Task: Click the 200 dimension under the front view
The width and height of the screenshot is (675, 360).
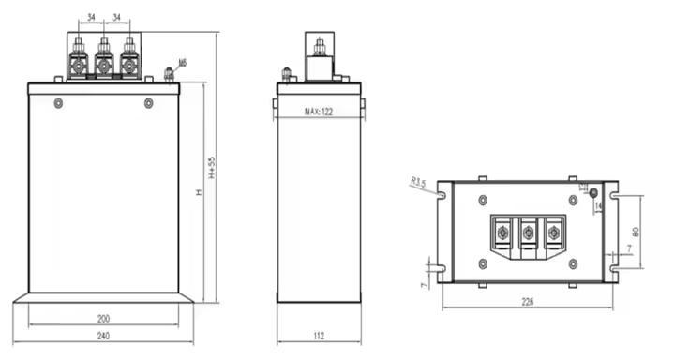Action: coord(103,319)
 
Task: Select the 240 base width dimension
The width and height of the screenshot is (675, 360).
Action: coord(103,336)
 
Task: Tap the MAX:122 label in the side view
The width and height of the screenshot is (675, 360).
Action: coord(320,112)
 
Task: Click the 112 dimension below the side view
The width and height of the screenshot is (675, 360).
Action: coord(320,336)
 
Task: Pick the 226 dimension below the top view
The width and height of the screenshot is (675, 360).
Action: coord(530,302)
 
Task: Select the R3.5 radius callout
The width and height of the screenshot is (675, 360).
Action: coord(418,185)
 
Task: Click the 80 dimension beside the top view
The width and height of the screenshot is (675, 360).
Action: coord(637,231)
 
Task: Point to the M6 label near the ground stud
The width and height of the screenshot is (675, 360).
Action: coord(182,63)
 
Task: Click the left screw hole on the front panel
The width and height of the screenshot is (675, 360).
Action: coord(59,102)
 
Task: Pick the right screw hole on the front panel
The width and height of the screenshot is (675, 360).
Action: coord(147,102)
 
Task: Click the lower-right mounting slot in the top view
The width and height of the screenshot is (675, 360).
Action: coord(613,269)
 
